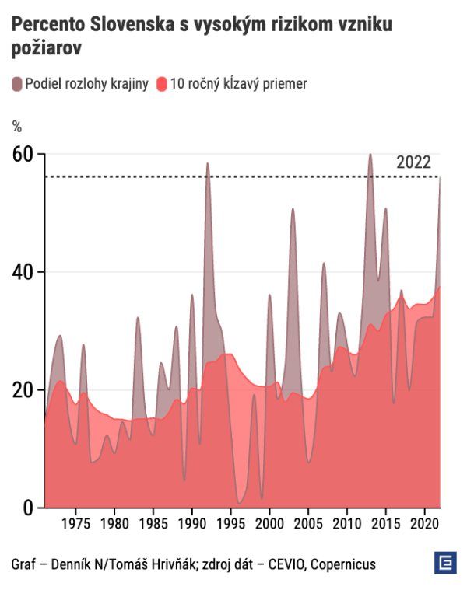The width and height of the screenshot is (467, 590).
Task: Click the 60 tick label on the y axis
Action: [23, 154]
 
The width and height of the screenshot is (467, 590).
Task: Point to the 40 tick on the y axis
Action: [23, 272]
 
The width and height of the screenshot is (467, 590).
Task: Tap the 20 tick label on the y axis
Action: [23, 390]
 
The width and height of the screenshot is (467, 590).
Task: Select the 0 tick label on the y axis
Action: [29, 508]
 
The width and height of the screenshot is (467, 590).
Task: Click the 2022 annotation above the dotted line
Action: [413, 162]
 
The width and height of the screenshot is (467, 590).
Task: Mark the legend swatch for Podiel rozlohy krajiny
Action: [17, 84]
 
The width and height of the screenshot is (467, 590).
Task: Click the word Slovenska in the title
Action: [124, 25]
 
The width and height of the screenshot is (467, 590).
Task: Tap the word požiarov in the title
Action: [47, 48]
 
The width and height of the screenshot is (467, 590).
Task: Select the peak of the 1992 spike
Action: [208, 163]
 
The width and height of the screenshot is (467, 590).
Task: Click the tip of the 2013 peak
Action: [370, 154]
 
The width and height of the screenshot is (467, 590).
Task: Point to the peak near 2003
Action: [293, 209]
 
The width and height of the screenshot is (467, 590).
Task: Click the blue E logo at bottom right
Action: [444, 563]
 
